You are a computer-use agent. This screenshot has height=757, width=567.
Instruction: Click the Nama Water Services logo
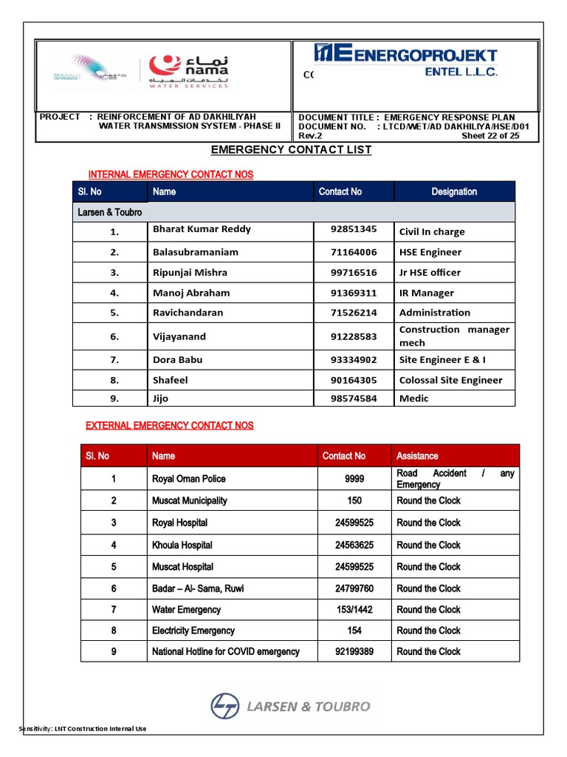point(188,72)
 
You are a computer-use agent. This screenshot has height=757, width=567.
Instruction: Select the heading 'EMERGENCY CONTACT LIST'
point(291,150)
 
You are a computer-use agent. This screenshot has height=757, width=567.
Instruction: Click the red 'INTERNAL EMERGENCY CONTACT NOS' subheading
point(171,174)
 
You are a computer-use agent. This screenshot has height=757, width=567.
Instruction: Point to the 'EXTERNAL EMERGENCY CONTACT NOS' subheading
point(170,426)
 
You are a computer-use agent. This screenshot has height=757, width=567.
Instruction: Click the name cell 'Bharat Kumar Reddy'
point(202,229)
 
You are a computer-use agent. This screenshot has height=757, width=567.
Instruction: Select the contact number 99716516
point(354,273)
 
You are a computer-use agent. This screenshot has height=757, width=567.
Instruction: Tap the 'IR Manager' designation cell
point(427,293)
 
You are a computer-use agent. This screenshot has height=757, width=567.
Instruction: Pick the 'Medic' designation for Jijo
point(413,398)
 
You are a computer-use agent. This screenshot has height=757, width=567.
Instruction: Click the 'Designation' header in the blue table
point(454,191)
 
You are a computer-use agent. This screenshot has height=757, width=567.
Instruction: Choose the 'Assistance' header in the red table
point(417,456)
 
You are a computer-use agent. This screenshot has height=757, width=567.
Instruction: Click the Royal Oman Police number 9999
point(354,479)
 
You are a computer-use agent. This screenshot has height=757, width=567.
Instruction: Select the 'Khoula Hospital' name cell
point(182,546)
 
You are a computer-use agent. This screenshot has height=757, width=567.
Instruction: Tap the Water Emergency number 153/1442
point(354,610)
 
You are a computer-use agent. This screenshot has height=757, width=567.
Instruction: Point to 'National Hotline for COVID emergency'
point(226,652)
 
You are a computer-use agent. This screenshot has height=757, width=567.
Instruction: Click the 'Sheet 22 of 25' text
point(490,136)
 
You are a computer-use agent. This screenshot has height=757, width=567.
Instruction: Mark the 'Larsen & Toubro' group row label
point(110,212)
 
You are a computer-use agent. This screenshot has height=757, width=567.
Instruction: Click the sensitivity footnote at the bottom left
point(83,729)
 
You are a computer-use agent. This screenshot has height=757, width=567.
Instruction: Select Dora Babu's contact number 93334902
point(354,360)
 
